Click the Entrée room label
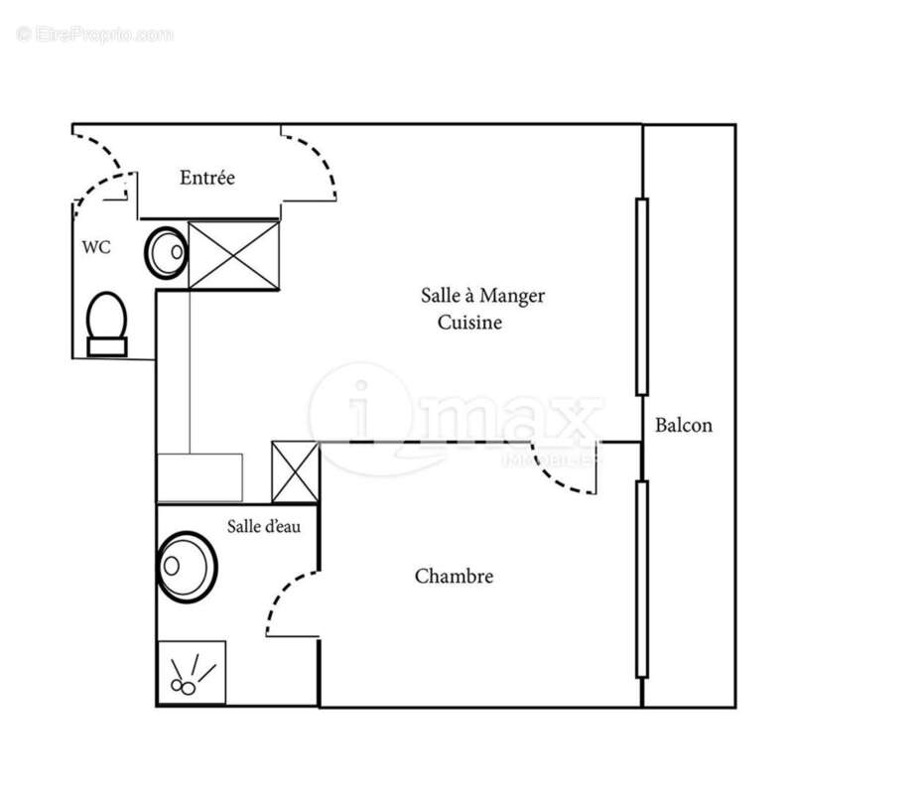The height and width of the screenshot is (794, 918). (x=207, y=179)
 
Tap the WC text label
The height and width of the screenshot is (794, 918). (x=96, y=248)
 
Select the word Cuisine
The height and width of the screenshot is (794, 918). (x=470, y=323)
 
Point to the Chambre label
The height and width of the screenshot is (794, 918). (x=454, y=577)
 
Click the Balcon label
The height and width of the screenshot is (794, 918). (x=684, y=426)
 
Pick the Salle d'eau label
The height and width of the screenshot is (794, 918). (x=264, y=527)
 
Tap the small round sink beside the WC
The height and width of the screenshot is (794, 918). (x=168, y=252)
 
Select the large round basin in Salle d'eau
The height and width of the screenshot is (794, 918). (x=187, y=568)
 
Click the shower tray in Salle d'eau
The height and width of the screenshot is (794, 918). (x=192, y=673)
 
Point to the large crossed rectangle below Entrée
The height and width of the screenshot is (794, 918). (x=234, y=255)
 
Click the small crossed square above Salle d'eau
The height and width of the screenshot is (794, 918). (x=296, y=472)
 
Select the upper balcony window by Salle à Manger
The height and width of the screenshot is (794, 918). (x=642, y=297)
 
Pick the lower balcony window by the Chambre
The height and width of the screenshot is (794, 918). (x=642, y=579)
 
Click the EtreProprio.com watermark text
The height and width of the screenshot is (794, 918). (x=95, y=35)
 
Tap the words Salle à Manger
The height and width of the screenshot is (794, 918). (x=482, y=296)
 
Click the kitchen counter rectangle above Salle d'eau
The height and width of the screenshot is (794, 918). (x=200, y=477)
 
